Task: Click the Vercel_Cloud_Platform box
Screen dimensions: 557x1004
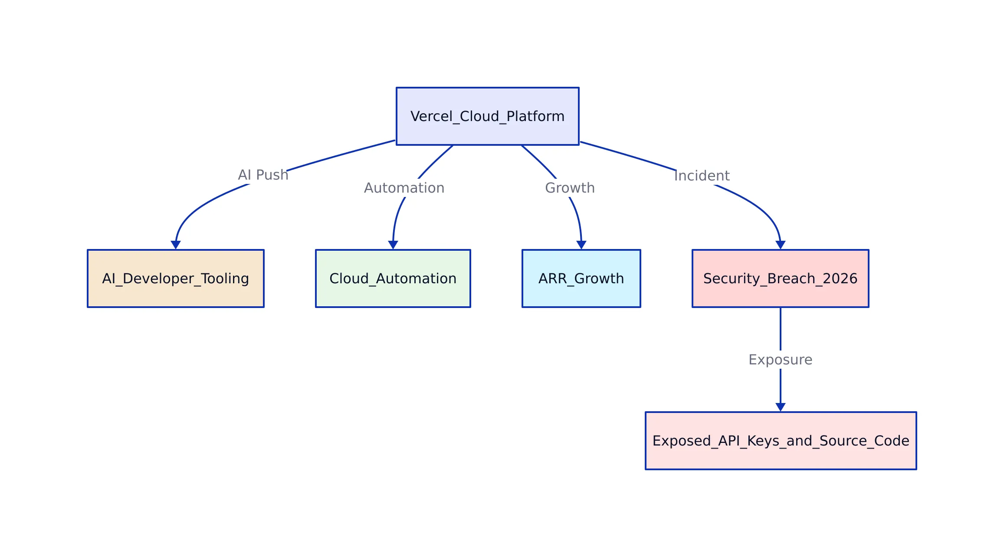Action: coord(487,116)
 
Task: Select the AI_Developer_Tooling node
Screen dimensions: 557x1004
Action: coord(175,278)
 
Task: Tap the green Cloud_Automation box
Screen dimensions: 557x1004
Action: coord(393,278)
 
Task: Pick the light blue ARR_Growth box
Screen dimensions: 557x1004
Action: coord(581,278)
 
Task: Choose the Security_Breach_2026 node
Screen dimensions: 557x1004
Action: coord(780,278)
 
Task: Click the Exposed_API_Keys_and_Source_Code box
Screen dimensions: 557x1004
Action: coord(781,441)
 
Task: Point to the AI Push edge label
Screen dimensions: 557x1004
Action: coord(263,175)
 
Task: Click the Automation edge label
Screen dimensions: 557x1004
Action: coord(404,188)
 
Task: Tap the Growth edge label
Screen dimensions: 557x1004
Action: coord(570,188)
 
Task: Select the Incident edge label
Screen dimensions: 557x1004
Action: coord(702,176)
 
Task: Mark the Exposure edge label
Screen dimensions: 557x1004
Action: coord(780,360)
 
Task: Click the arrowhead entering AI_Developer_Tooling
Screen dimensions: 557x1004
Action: coord(175,245)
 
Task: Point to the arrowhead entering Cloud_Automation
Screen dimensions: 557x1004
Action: coord(393,245)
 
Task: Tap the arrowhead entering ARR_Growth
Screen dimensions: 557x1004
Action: coord(581,245)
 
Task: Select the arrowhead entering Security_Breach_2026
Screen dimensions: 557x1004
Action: coord(781,245)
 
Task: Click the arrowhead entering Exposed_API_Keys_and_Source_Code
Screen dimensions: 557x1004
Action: coord(781,407)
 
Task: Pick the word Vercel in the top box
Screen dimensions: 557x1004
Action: coord(431,116)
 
